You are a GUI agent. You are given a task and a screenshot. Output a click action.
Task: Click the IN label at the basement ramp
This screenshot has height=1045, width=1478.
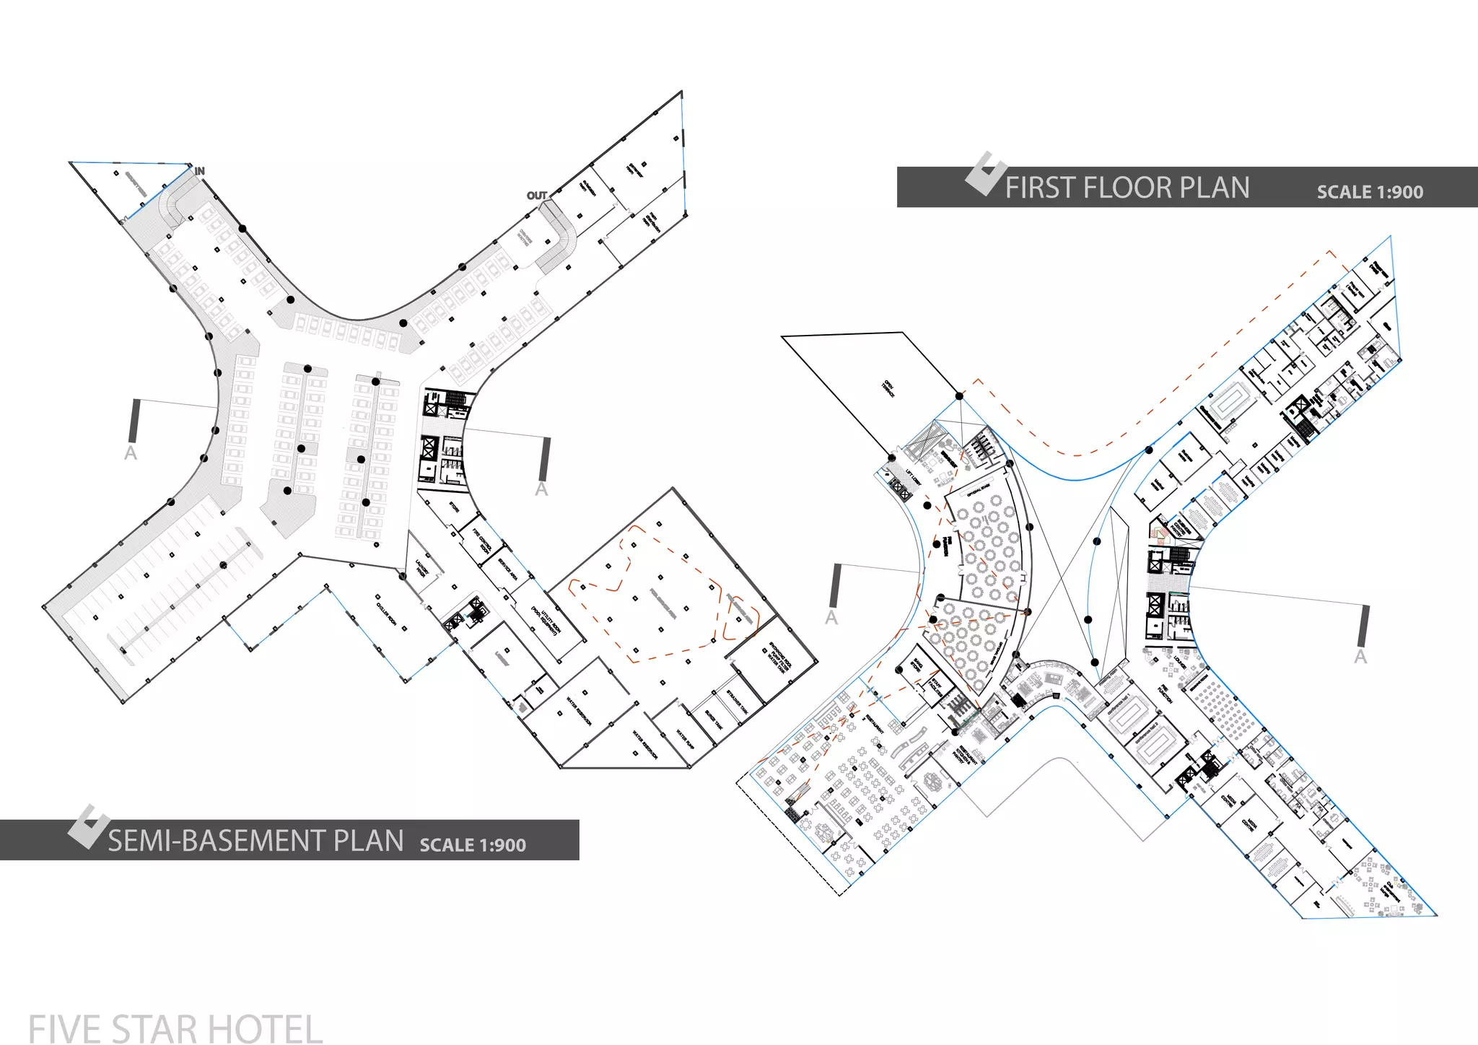(200, 171)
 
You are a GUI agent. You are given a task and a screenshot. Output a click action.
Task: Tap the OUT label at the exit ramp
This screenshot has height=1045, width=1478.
(537, 196)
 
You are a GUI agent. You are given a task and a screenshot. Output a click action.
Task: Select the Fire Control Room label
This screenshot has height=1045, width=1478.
(482, 541)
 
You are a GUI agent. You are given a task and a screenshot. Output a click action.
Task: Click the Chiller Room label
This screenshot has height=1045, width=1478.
(387, 613)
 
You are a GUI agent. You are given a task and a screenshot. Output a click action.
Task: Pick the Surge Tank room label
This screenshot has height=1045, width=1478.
(714, 719)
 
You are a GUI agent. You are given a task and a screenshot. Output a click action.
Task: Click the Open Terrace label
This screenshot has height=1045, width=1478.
(888, 388)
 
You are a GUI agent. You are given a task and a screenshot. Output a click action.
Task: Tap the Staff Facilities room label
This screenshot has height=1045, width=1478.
(936, 685)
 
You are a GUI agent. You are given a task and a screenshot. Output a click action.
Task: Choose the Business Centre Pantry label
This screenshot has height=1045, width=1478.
(1181, 526)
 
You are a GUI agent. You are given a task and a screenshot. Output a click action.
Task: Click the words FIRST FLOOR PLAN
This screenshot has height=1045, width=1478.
(1127, 188)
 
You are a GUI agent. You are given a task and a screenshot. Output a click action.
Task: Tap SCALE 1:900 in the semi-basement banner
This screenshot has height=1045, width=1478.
(473, 845)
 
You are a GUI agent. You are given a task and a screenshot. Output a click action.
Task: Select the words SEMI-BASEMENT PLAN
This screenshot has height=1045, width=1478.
(255, 841)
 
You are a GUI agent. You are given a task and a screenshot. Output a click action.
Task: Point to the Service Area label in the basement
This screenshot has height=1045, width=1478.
(509, 569)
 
